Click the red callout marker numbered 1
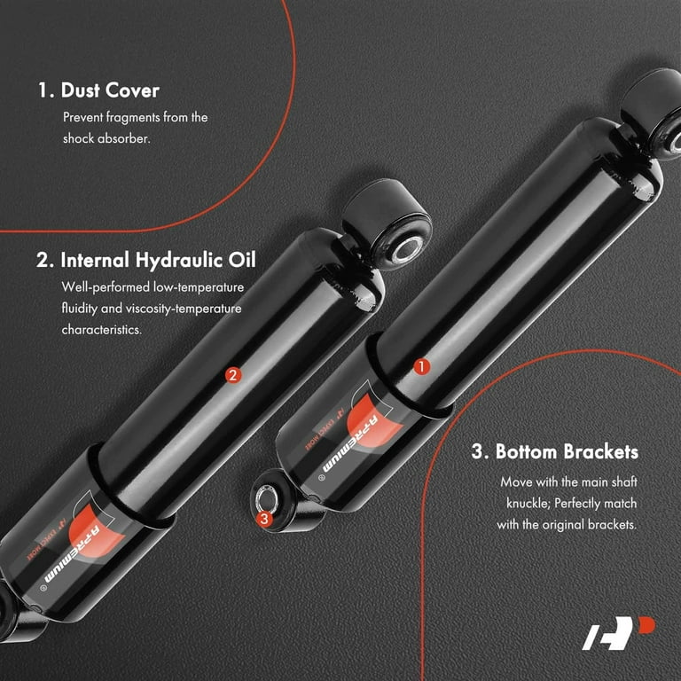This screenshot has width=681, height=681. click(421, 366)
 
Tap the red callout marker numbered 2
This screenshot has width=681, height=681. click(233, 375)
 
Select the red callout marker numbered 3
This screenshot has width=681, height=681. click(264, 518)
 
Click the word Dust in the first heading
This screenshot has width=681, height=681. click(81, 90)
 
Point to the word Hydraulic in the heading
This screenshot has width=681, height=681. click(179, 260)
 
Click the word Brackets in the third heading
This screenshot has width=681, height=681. click(601, 451)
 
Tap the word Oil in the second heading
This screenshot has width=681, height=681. click(242, 260)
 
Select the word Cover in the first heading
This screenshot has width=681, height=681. click(132, 90)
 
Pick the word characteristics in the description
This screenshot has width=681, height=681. click(102, 330)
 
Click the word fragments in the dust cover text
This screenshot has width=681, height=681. click(133, 118)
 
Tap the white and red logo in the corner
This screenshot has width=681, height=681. click(618, 632)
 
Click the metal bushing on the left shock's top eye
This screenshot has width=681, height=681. click(407, 251)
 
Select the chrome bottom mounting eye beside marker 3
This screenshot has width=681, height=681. click(267, 499)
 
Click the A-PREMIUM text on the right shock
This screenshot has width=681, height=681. click(350, 444)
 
